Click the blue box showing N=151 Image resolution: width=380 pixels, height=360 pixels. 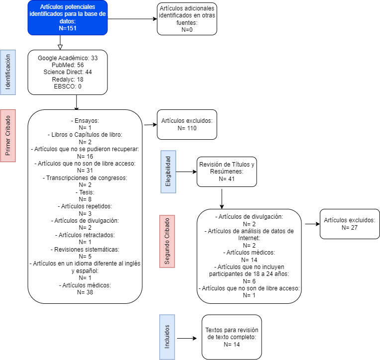click(x=68, y=18)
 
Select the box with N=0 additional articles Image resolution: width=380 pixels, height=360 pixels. click(x=187, y=19)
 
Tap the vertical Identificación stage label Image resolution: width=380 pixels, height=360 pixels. click(x=8, y=72)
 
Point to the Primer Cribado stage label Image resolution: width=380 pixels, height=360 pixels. click(x=8, y=136)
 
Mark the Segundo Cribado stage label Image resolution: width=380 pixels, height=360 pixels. click(x=167, y=241)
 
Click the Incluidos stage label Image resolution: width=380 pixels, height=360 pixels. click(x=167, y=337)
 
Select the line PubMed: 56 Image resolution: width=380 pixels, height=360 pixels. click(x=68, y=65)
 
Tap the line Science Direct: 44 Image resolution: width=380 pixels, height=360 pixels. click(x=68, y=72)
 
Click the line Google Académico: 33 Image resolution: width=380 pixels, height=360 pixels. click(x=68, y=58)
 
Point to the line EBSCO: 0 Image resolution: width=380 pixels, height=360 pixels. click(x=68, y=86)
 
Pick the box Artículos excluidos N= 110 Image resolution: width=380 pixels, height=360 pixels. click(x=187, y=124)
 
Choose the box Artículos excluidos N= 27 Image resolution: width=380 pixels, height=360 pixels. click(x=349, y=224)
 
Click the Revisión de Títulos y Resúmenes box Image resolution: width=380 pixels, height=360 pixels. click(x=227, y=172)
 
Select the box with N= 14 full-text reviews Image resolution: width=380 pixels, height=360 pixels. click(x=232, y=337)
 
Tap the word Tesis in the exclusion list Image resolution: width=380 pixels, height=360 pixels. click(x=85, y=191)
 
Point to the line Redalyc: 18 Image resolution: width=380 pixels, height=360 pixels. click(x=68, y=79)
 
